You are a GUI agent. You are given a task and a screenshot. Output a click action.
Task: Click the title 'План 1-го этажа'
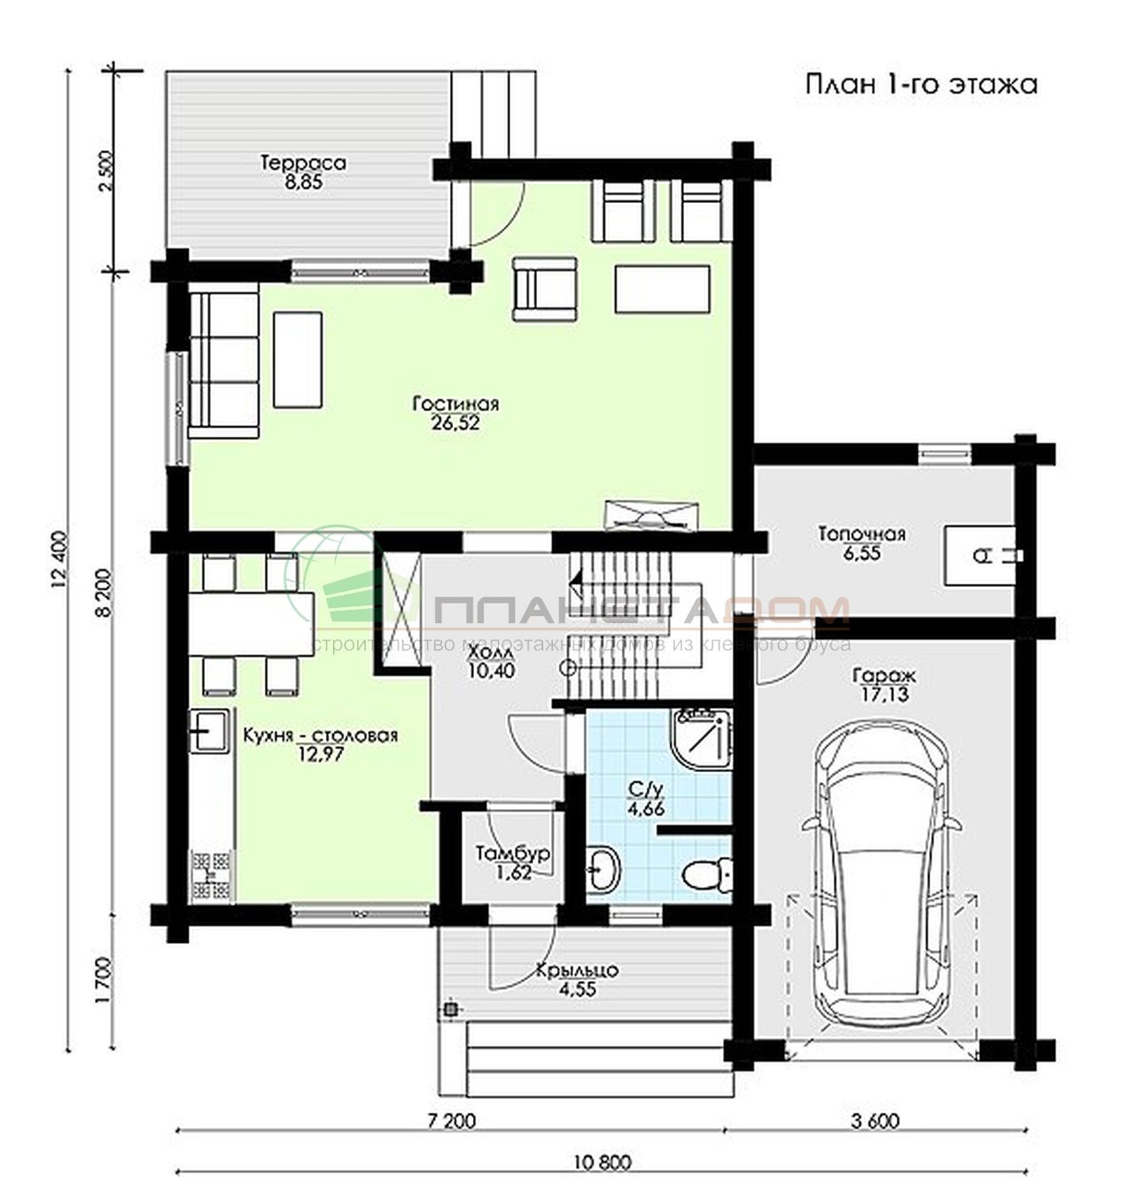coord(921,84)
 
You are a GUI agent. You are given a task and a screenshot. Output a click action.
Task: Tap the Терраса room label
coord(303,163)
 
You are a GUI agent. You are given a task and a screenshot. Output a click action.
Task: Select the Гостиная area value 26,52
coord(455,423)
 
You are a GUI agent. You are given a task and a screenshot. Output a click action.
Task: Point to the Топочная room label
coord(861,534)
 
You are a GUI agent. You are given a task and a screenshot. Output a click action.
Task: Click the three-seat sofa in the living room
coord(224,365)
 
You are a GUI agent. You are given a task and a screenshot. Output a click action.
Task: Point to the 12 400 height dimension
coord(58,560)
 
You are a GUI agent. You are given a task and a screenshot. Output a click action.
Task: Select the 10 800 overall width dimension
coord(602,1162)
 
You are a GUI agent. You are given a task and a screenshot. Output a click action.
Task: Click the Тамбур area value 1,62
coord(515,872)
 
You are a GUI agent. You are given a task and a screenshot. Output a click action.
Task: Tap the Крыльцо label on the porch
coord(578,970)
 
